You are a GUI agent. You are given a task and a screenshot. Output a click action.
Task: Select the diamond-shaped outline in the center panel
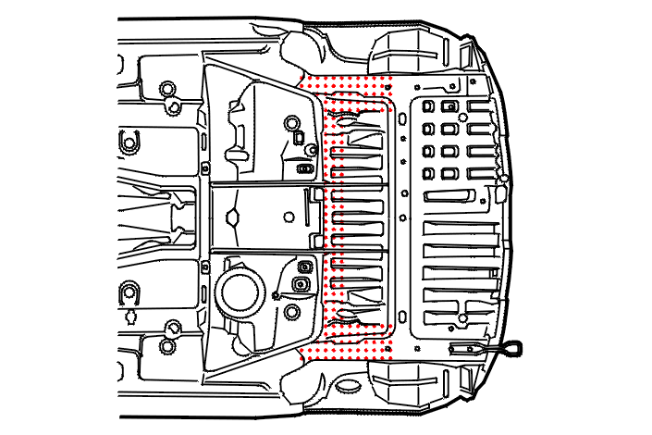pos(233,218)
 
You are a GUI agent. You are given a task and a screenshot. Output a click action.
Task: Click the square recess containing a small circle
pos(449,107)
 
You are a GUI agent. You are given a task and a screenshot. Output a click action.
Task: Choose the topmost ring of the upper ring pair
pos(166,89)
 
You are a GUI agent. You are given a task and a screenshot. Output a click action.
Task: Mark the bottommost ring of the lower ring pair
pos(167,348)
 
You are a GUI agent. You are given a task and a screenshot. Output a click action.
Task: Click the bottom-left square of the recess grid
pos(428,173)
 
